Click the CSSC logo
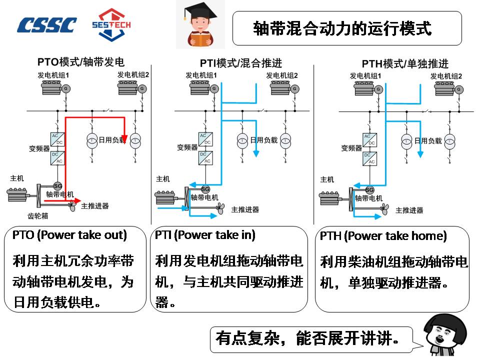(x=47, y=25)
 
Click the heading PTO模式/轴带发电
(x=81, y=62)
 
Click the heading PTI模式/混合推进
(x=241, y=63)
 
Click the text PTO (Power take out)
(x=69, y=234)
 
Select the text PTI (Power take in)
(x=205, y=234)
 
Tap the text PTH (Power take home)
(x=383, y=236)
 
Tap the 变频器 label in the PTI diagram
(x=186, y=147)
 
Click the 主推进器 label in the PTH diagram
(x=409, y=210)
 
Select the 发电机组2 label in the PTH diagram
(x=446, y=76)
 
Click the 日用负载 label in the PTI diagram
(x=263, y=140)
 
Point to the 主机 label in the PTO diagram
(x=17, y=178)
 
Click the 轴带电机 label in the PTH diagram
(x=368, y=198)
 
